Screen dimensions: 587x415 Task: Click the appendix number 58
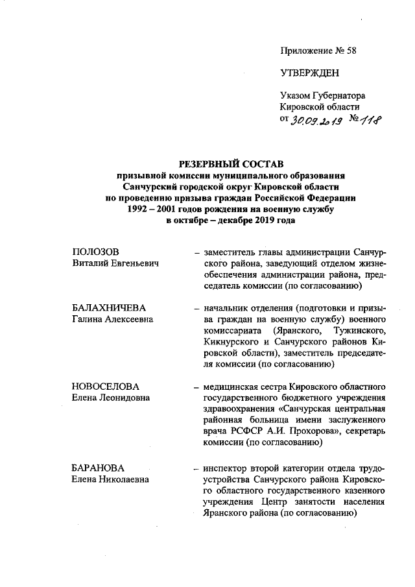351,50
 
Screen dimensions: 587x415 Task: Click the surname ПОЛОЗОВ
97,252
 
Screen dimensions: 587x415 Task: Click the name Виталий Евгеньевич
115,263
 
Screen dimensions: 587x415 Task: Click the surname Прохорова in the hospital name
320,431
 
